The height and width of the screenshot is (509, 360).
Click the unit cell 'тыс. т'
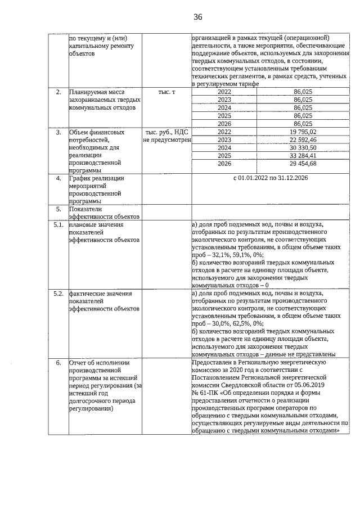167,92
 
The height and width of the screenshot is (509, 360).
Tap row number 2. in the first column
57,92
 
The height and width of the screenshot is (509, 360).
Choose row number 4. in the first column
57,178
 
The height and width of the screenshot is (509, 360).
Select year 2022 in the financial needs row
224,132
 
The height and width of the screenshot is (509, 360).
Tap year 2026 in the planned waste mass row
224,124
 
